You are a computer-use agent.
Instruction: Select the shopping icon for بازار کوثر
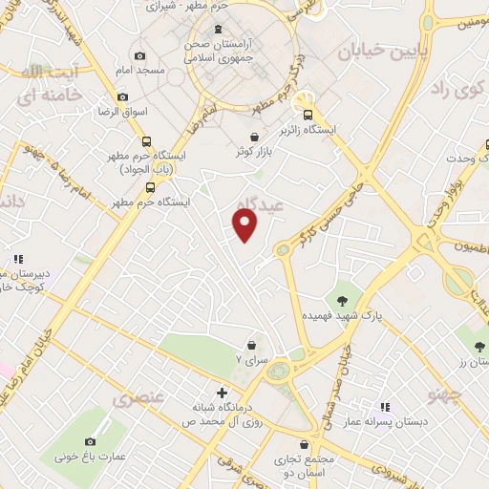[253, 137]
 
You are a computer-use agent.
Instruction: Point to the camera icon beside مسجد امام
[140, 56]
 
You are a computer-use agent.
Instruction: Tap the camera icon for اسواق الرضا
[122, 96]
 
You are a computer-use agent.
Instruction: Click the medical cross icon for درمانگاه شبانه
[223, 392]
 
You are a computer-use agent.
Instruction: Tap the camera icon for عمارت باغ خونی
[90, 441]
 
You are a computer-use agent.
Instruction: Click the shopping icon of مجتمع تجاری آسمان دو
[305, 444]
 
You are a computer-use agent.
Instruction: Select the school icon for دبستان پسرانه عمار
[385, 406]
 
